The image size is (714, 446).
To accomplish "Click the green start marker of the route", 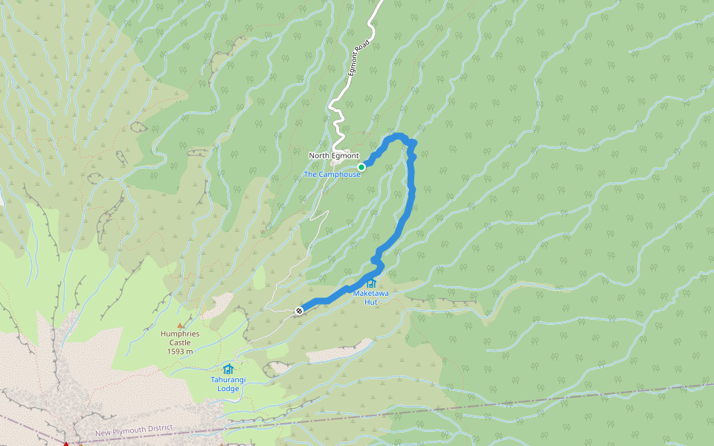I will (x=361, y=167).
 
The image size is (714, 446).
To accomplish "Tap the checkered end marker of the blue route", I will (x=299, y=310).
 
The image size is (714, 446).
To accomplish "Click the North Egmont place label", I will (x=334, y=155).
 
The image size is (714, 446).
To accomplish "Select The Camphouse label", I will (x=332, y=174).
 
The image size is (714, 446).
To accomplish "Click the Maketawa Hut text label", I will (x=370, y=297).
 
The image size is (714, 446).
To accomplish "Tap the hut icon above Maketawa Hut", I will (x=370, y=283).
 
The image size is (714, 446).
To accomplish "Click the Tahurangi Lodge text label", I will (x=228, y=384).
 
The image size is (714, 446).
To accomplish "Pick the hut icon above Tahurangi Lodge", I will (x=228, y=369).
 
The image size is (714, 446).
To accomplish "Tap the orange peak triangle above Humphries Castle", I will (x=179, y=325).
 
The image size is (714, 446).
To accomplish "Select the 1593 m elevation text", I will (x=180, y=352).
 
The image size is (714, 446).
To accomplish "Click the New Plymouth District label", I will (x=134, y=431).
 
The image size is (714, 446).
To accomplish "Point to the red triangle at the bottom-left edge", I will (x=65, y=444).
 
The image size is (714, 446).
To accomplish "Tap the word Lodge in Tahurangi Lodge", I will (x=228, y=388).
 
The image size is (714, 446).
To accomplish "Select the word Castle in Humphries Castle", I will (x=180, y=343).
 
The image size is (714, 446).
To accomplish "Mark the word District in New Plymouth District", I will (x=158, y=429).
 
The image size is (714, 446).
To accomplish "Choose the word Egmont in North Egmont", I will (x=345, y=155).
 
